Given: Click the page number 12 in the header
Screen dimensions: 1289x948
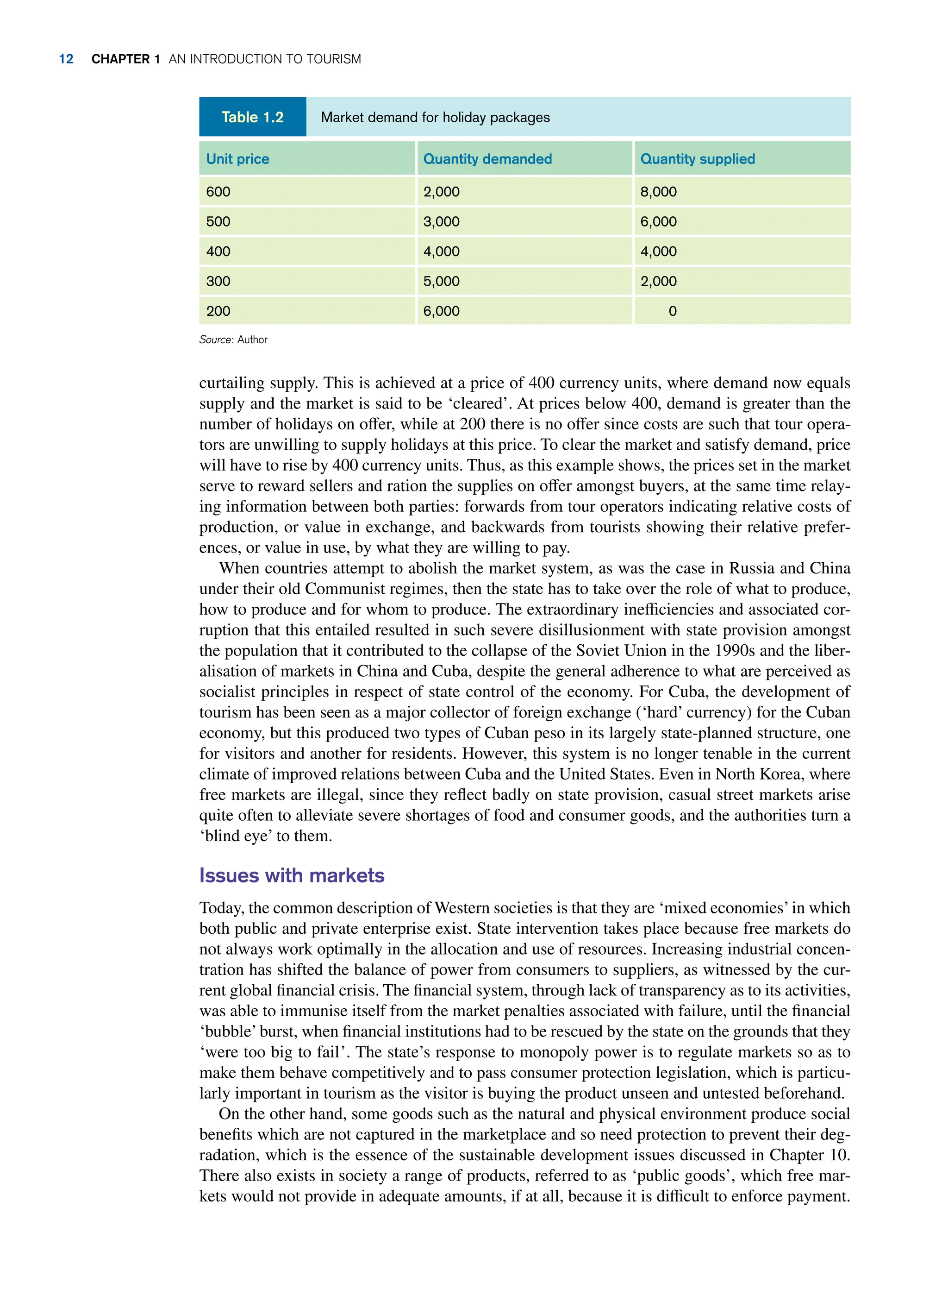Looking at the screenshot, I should coord(66,59).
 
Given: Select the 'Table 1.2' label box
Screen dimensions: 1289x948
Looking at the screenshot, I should coord(252,117).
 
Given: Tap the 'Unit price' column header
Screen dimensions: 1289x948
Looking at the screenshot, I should coord(237,159).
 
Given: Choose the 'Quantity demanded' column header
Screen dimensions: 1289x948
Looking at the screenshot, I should coord(487,159).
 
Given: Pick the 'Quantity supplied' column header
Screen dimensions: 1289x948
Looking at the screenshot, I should coord(697,159).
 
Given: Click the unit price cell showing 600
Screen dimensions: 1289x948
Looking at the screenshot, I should coord(218,192).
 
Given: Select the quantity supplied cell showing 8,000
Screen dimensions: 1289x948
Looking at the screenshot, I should coord(658,192).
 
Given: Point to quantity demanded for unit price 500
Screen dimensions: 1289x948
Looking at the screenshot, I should coord(441,222).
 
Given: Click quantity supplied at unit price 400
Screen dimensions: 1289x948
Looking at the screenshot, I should coord(658,252).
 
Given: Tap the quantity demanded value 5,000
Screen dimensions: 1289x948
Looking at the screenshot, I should coord(441,281).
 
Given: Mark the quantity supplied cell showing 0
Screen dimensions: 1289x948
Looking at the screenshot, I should coord(673,311).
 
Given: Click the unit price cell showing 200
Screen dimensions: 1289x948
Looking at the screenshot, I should coord(218,311).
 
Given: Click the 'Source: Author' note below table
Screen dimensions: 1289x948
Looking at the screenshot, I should coord(233,340).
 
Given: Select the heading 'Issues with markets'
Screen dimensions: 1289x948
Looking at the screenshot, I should coord(292,875).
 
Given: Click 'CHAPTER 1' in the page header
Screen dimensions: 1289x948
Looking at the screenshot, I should coord(125,59).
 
